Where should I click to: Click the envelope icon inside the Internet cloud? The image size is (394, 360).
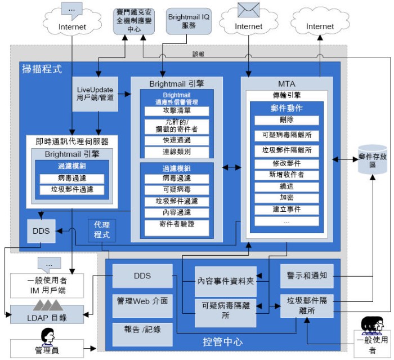248,10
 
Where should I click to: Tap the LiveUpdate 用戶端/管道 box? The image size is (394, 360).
95,93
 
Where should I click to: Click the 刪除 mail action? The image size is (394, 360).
286,120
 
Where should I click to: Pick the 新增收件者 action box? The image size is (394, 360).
286,175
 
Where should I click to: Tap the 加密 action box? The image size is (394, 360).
286,198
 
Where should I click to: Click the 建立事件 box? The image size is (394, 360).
286,210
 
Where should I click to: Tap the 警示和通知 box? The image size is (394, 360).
307,275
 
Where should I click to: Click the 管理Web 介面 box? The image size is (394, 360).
142,301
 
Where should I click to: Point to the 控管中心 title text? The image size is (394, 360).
223,342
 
